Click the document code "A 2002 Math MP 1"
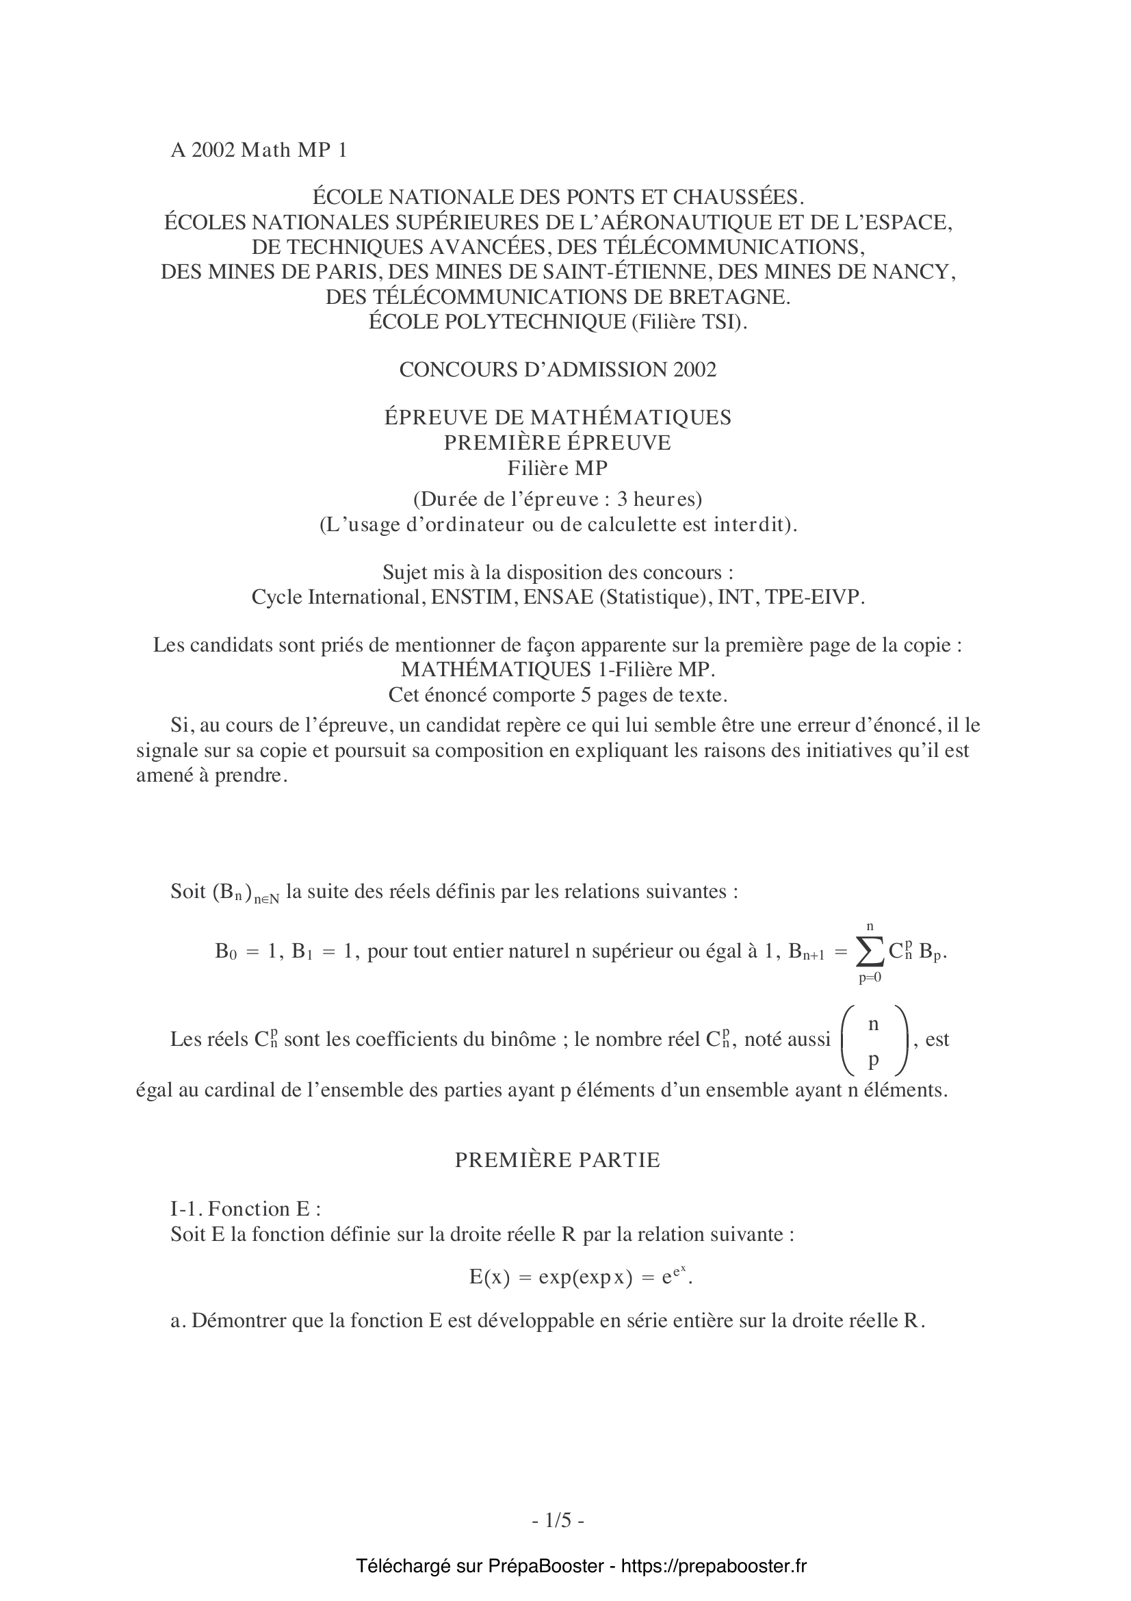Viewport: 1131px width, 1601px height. coord(259,150)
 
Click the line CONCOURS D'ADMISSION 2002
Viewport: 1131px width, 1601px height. coord(558,370)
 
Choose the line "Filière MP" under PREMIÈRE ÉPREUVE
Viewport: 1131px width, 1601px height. coord(558,468)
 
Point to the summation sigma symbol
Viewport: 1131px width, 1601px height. coord(870,953)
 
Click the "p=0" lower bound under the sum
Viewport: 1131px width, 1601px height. coord(870,977)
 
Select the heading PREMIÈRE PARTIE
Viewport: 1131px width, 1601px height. coord(558,1160)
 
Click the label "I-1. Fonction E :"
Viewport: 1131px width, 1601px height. coord(246,1208)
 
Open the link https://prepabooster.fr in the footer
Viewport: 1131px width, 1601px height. coord(713,1566)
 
